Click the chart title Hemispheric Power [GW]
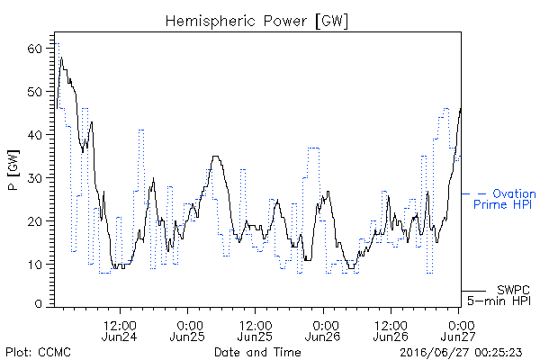[x=256, y=21]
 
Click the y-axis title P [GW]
[x=13, y=170]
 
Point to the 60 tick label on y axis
[x=35, y=49]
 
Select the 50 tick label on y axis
[x=35, y=92]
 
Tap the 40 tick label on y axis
[x=35, y=135]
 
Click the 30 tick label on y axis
[x=35, y=178]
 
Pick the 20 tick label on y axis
[x=35, y=220]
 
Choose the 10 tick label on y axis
[x=35, y=265]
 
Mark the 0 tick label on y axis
[x=39, y=304]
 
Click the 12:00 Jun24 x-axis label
[x=120, y=330]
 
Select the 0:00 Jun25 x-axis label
[x=187, y=330]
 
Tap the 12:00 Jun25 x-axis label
[x=256, y=330]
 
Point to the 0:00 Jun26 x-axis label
[x=323, y=330]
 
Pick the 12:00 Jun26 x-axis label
[x=391, y=330]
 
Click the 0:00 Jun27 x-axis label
[x=458, y=330]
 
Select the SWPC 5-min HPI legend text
[x=499, y=295]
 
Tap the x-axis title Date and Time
[x=257, y=352]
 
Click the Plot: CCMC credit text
[x=38, y=352]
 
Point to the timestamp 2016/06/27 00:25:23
[x=461, y=352]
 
